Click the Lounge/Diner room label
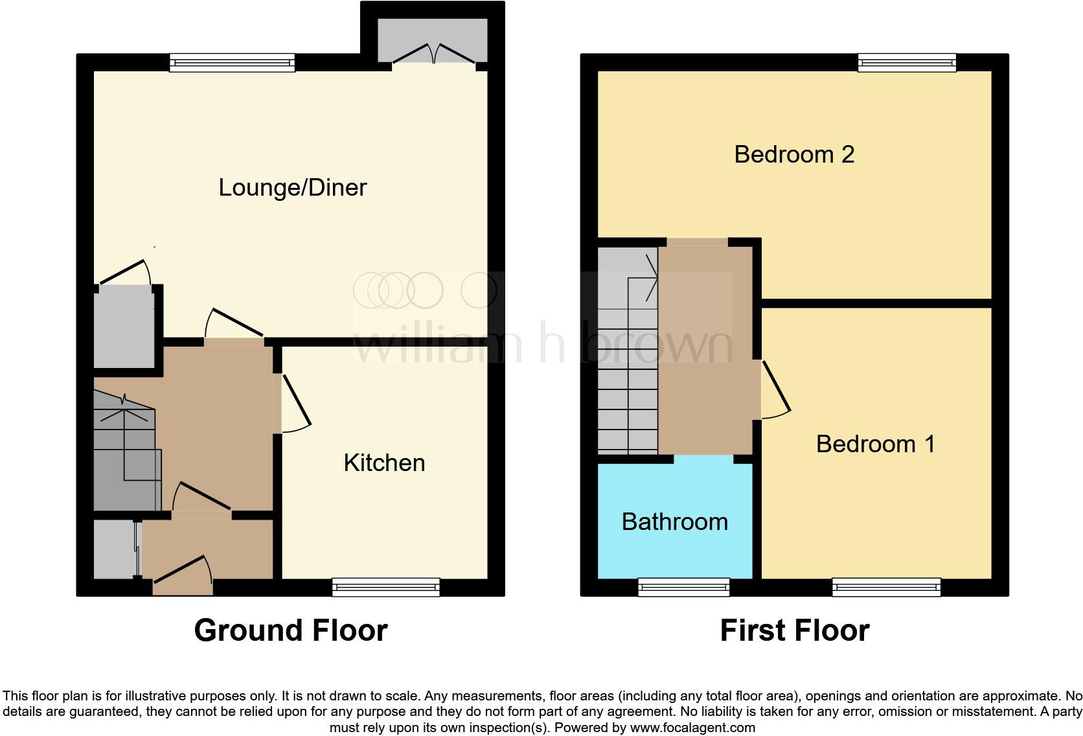[293, 188]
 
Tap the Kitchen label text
[384, 463]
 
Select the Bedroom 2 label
[794, 155]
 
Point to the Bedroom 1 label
[875, 444]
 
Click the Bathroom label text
[674, 522]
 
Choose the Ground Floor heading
[291, 630]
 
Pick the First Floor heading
[794, 630]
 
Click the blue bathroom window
[684, 587]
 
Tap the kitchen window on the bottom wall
[386, 587]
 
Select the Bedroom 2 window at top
[907, 62]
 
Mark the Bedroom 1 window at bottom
[886, 587]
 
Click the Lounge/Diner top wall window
[232, 62]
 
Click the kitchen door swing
[295, 403]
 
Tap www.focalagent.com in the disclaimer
[692, 728]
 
